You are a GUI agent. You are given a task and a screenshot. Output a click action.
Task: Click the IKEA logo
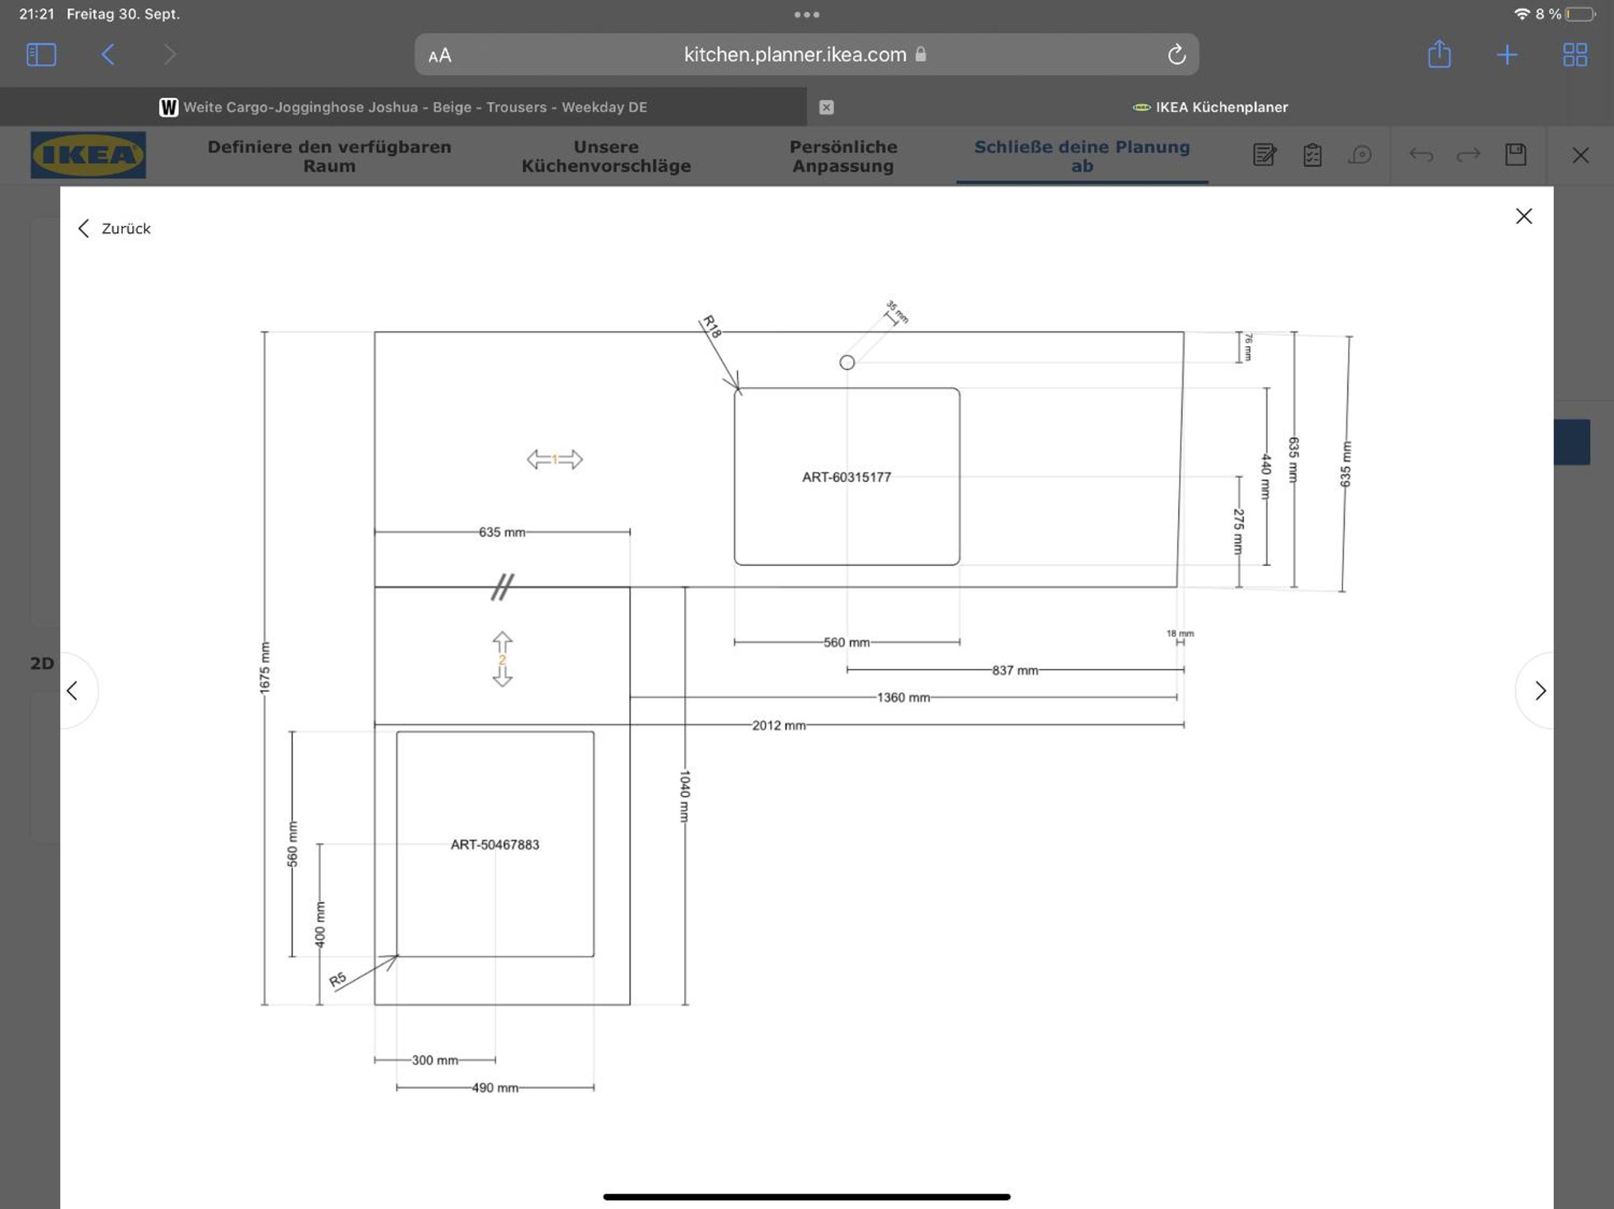88,155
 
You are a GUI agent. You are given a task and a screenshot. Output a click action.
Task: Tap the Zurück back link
115,229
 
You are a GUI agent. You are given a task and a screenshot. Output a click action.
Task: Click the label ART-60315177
847,477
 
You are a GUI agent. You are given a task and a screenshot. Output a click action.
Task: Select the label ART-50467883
494,844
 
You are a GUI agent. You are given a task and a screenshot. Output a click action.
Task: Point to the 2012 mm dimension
779,725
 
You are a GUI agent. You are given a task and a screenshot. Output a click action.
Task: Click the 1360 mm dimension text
903,698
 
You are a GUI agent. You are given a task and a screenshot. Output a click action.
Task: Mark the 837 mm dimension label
1015,670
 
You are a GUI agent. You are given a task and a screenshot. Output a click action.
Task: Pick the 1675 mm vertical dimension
264,667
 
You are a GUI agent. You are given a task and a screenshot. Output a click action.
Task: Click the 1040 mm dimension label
685,796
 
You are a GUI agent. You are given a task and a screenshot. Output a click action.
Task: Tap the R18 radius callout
711,326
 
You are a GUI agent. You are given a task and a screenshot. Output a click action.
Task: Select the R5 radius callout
338,979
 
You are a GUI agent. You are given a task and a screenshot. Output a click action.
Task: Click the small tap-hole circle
847,362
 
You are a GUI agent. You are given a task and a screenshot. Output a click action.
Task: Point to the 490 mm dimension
494,1088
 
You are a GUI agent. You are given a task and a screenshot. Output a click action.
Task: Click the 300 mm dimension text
435,1060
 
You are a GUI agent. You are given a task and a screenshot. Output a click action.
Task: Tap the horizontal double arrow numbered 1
555,459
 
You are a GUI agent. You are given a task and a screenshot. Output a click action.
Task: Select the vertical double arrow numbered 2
502,659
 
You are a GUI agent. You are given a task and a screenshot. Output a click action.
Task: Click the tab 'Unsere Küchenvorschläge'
606,156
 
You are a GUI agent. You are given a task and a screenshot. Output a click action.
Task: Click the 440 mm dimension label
1266,477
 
